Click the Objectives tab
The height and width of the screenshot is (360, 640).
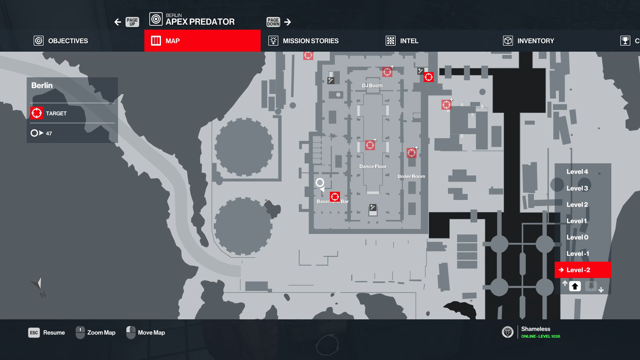tap(61, 41)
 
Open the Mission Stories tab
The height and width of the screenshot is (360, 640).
tap(303, 41)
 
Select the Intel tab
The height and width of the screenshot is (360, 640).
tap(402, 41)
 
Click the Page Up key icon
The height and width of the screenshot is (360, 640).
tap(132, 22)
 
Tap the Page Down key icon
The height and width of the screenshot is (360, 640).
tap(273, 22)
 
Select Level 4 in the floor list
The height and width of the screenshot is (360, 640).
tap(577, 172)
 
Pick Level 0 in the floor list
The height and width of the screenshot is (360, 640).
tap(577, 237)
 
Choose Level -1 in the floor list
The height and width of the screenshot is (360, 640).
tap(578, 254)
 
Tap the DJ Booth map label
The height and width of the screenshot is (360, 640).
tap(372, 86)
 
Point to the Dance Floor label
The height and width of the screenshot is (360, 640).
tap(373, 166)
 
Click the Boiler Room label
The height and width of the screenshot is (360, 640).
tap(411, 176)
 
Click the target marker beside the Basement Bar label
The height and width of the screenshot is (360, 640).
tap(335, 197)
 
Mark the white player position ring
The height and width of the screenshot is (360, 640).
tap(320, 182)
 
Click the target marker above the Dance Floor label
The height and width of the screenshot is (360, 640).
tap(370, 145)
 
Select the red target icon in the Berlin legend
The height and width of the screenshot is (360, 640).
tap(37, 113)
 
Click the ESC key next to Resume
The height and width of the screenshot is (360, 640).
tap(34, 333)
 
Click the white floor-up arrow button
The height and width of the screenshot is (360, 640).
tap(575, 286)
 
